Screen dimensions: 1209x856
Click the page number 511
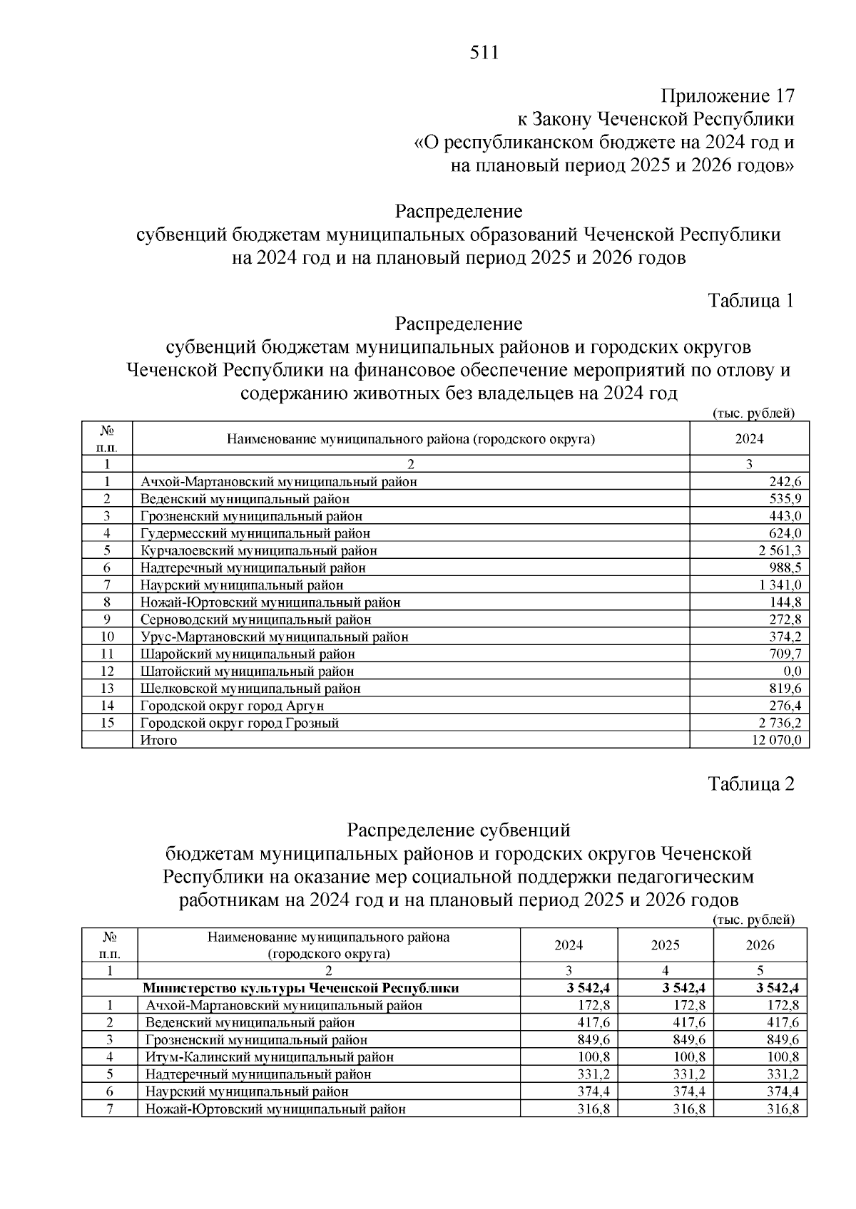(484, 53)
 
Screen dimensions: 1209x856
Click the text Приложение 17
(727, 96)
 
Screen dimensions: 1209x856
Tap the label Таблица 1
(750, 301)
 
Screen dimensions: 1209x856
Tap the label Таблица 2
(750, 784)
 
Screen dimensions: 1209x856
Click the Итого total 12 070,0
(776, 740)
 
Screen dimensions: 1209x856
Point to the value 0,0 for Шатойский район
(791, 671)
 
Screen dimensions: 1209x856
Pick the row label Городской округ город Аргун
(232, 706)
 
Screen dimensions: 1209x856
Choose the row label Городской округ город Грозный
(239, 723)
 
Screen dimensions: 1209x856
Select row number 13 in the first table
(107, 689)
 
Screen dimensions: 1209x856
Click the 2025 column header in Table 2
(665, 945)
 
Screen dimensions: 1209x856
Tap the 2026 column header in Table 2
(760, 945)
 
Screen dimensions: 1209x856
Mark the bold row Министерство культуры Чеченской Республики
(300, 988)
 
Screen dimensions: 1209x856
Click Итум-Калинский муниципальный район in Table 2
(269, 1057)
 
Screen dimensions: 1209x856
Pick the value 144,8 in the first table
(786, 602)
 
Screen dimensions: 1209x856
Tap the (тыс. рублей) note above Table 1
(753, 413)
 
